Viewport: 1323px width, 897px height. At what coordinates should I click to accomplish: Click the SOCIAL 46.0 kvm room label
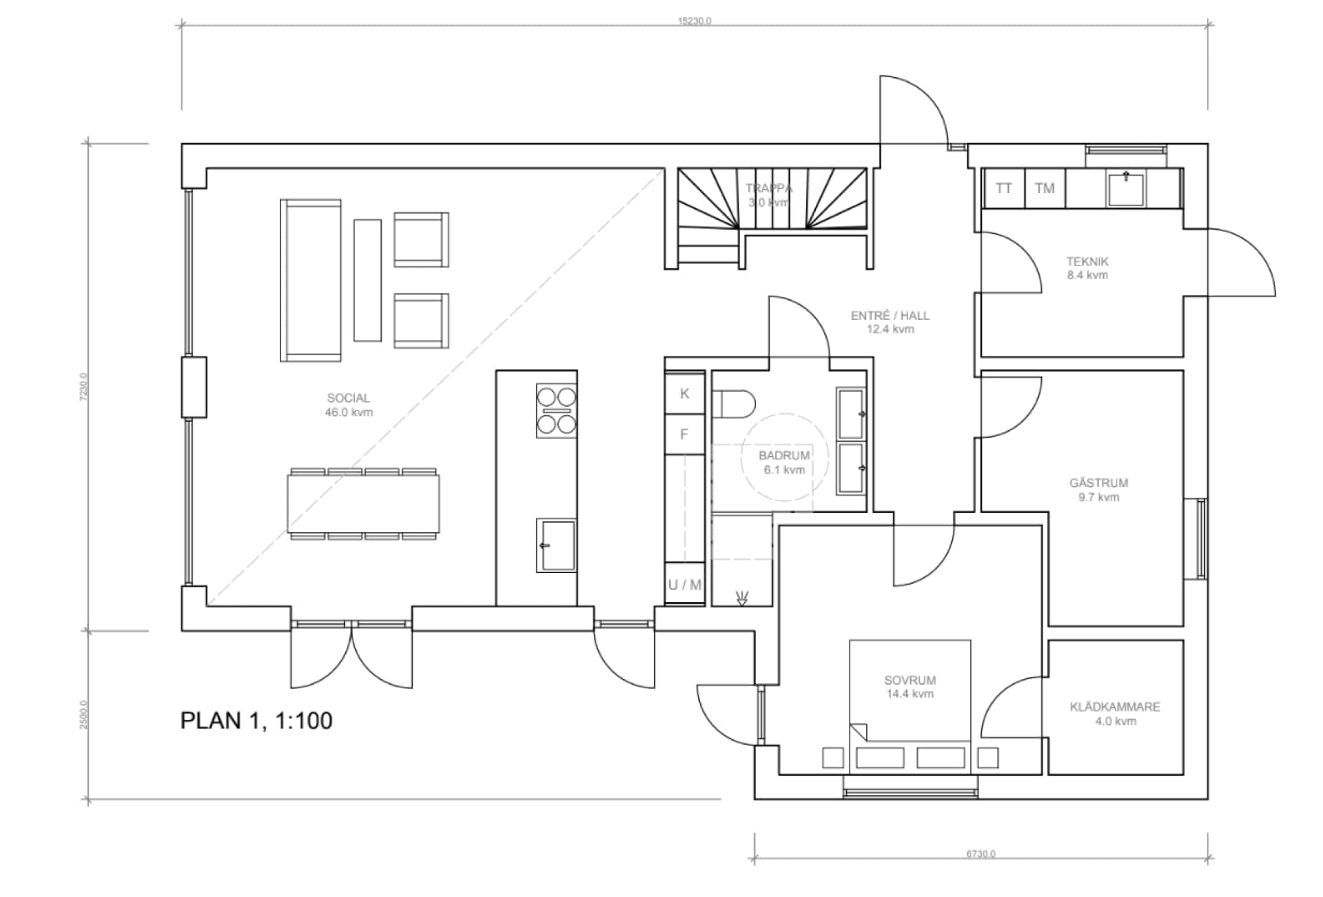point(349,405)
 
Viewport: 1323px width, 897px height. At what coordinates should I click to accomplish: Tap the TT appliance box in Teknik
point(1003,188)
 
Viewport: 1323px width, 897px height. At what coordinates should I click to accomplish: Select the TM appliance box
point(1045,188)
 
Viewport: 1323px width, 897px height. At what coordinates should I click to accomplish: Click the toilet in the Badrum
point(735,403)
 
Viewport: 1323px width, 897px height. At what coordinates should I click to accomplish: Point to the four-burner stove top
point(557,411)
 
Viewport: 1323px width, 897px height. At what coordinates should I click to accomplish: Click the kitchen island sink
point(556,545)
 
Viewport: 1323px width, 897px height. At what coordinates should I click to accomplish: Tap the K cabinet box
point(684,394)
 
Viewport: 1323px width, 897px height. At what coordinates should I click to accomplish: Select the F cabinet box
point(684,434)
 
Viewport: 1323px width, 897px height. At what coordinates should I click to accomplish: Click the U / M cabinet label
point(684,585)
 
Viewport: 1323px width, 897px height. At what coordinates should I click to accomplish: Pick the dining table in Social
point(363,504)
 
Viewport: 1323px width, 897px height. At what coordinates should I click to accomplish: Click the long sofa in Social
point(310,280)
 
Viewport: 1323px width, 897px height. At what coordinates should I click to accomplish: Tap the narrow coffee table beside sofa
point(367,280)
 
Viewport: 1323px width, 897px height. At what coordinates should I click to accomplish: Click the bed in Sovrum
point(910,703)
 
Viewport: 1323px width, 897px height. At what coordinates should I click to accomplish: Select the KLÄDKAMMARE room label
point(1114,714)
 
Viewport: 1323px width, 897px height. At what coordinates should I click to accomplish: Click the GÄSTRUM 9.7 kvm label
point(1098,490)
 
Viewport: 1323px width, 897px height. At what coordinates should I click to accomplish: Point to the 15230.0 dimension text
point(694,21)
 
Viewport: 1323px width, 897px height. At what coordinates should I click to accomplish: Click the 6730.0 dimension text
point(980,854)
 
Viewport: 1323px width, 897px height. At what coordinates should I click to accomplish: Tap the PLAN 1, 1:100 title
point(256,720)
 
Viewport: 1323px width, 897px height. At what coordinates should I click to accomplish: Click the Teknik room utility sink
point(1125,190)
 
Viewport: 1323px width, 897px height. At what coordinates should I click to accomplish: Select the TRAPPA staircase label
point(768,195)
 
